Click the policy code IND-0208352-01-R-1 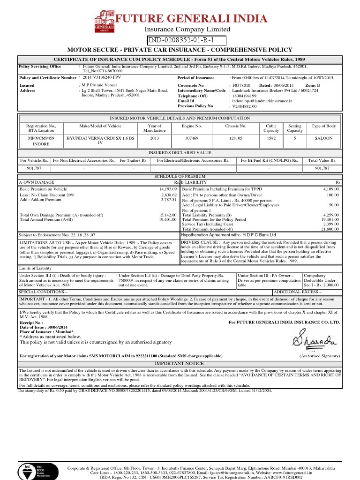[187, 41]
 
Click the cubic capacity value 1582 [271, 139]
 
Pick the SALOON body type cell [323, 139]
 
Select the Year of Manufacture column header [155, 128]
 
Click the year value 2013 [155, 139]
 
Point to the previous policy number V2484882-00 [245, 106]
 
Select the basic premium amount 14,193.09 [167, 189]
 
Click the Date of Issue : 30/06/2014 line [43, 327]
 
